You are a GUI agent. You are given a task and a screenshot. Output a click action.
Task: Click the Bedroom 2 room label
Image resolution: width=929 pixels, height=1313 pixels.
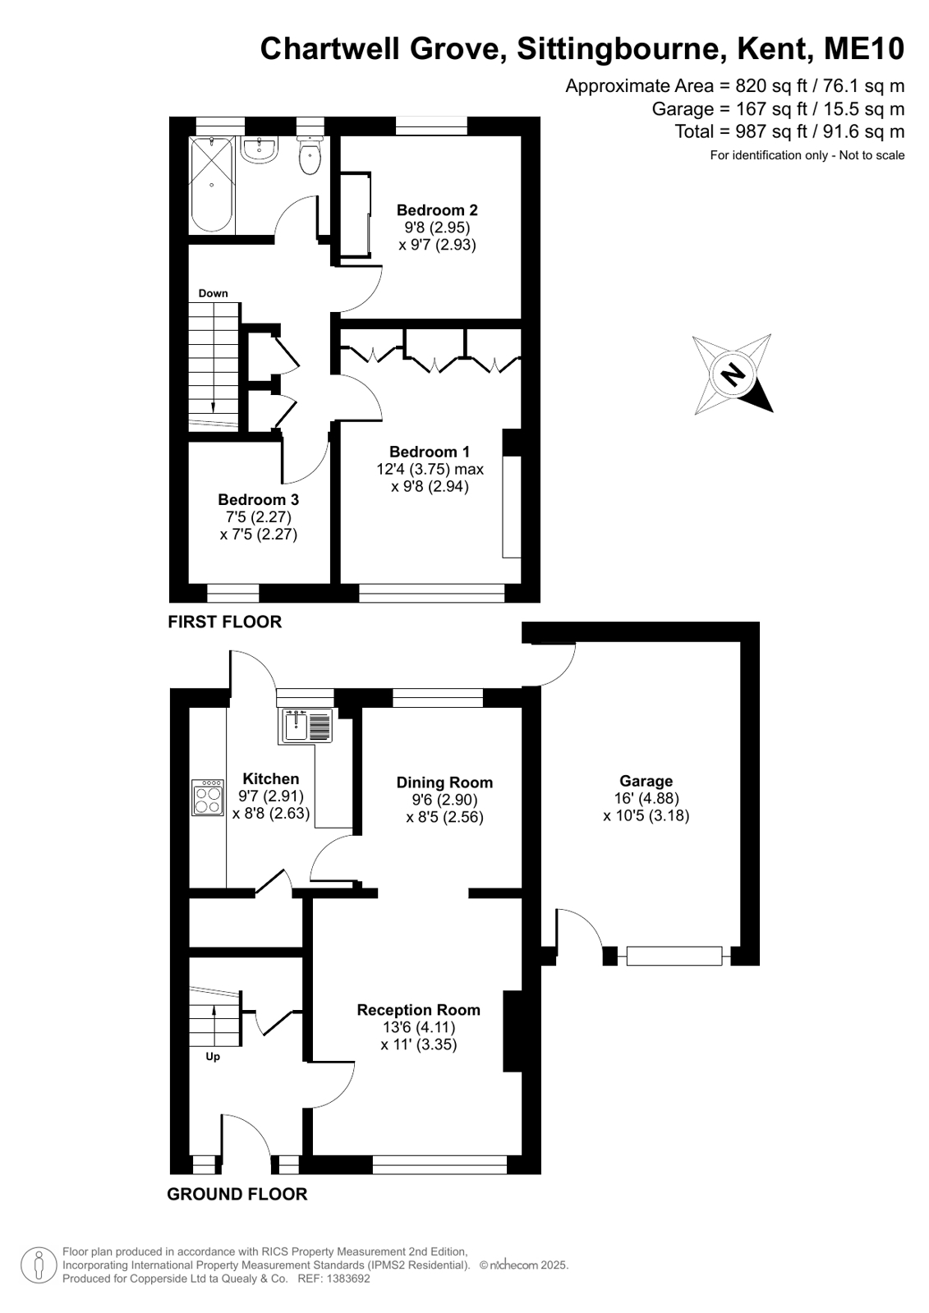[437, 210]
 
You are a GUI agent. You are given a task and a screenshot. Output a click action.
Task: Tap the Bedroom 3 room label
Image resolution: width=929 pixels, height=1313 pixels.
[258, 499]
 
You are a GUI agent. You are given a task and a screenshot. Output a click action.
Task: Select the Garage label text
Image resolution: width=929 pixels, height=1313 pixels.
[646, 782]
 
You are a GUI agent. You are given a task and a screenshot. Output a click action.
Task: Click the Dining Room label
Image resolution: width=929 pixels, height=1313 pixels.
[444, 783]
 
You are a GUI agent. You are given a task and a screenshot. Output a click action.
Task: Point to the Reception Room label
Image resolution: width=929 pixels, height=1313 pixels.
[419, 1010]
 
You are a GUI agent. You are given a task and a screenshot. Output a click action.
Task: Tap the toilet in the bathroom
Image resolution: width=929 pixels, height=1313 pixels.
[309, 154]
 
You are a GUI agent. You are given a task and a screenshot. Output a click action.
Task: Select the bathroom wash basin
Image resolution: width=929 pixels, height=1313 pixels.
[260, 150]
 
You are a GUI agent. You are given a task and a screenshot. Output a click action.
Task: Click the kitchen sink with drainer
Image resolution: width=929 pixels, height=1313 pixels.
[307, 727]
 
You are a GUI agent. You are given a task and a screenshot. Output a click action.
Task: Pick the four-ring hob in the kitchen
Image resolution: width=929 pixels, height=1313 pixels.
[208, 797]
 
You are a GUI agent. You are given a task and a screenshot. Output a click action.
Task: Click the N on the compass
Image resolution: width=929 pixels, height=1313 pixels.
[732, 374]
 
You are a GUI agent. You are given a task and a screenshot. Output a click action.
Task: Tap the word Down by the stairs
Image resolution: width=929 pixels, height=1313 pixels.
[213, 294]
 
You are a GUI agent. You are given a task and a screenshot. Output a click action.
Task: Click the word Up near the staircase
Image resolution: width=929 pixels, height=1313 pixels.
[212, 1056]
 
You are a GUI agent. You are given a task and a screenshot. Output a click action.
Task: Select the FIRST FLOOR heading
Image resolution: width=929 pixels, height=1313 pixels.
[224, 622]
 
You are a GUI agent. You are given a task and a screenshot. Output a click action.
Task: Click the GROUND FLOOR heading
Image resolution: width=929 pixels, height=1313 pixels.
[237, 1194]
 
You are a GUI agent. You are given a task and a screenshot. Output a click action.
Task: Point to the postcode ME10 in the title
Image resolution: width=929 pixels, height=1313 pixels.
[864, 48]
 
